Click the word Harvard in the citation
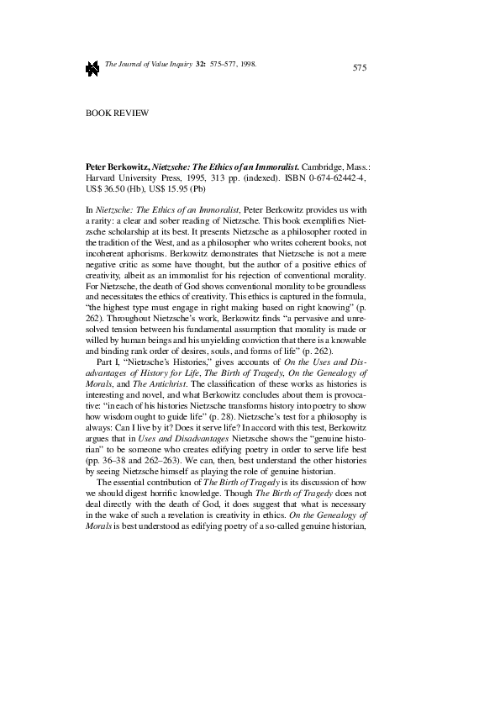pyautogui.click(x=103, y=179)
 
